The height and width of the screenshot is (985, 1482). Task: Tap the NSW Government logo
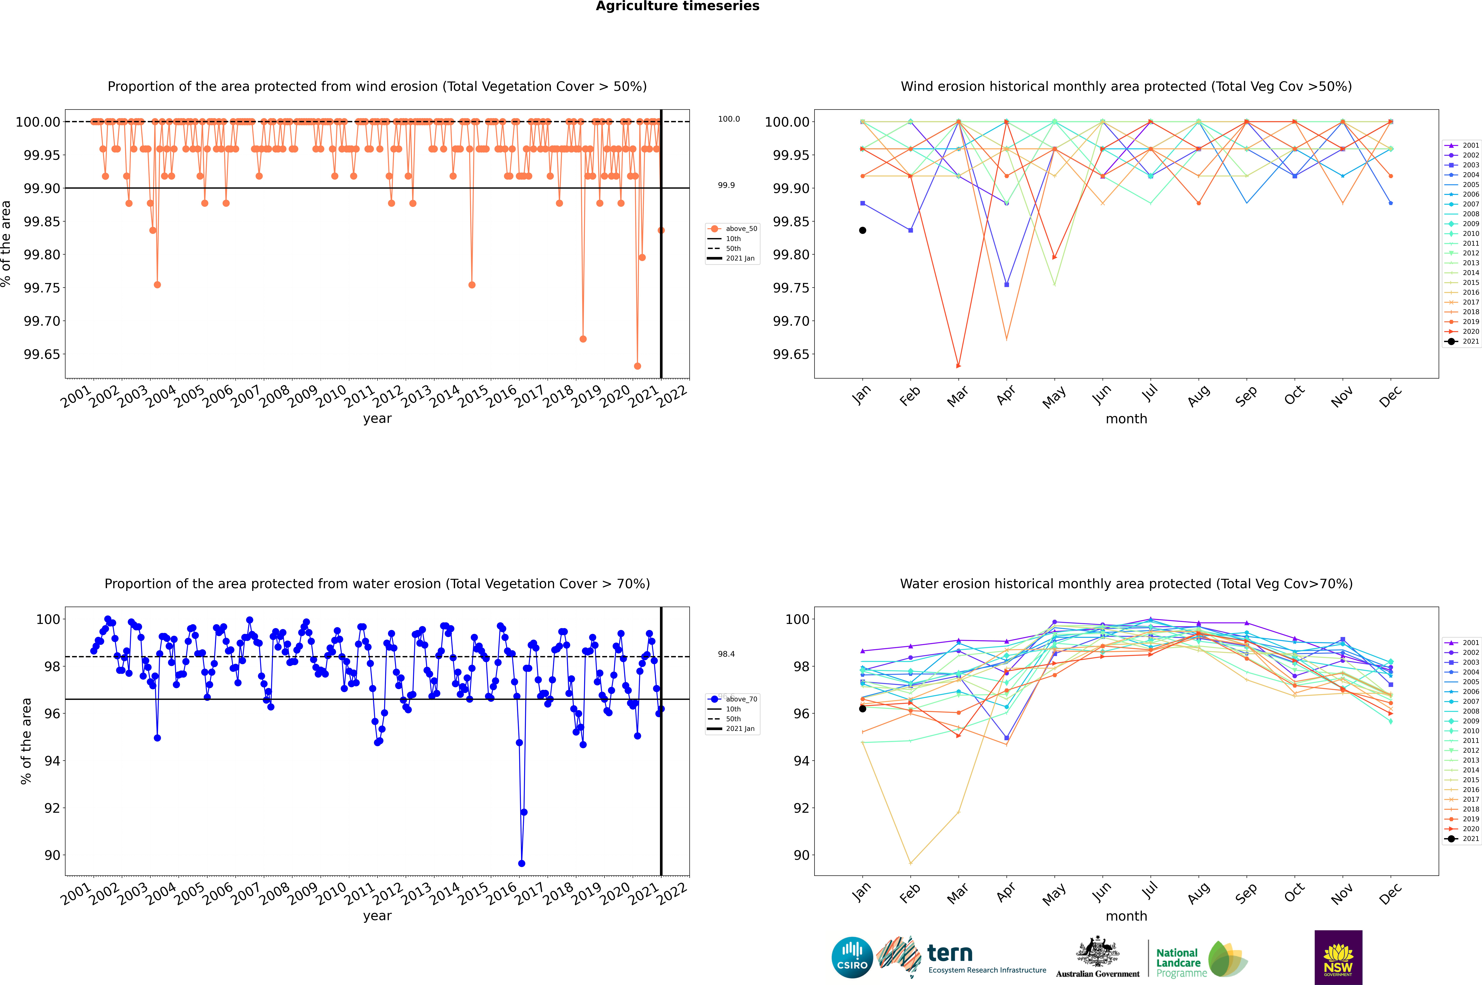tap(1338, 957)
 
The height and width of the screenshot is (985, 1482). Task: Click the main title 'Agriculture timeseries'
tap(677, 6)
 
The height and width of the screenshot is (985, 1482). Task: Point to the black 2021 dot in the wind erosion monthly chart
tap(863, 231)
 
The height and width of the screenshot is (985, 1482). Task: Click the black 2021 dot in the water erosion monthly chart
tap(863, 709)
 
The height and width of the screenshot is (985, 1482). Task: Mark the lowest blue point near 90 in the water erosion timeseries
tap(521, 863)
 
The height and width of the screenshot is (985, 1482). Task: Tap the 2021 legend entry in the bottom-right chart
tap(1470, 839)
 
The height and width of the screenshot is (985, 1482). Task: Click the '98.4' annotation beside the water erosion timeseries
tap(726, 654)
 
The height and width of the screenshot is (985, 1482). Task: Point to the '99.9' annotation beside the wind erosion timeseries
tap(726, 185)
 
